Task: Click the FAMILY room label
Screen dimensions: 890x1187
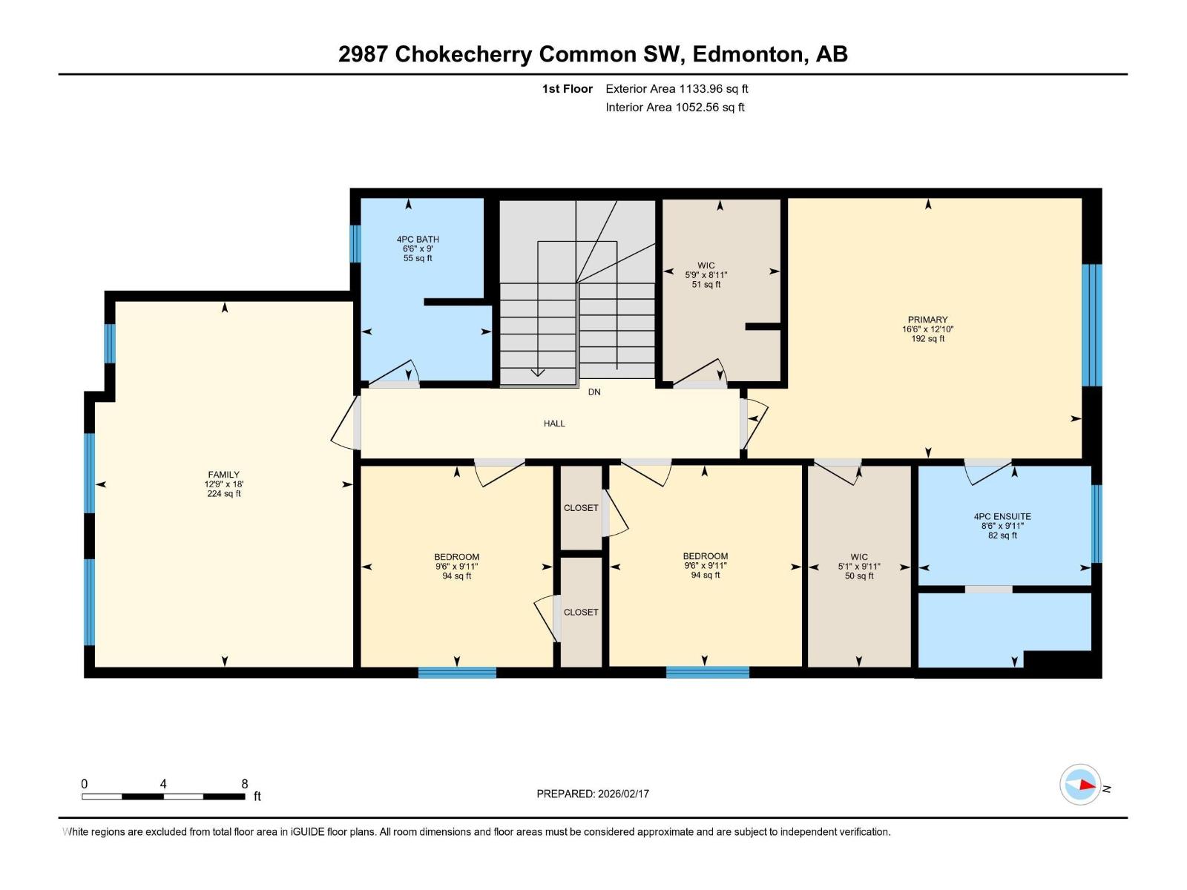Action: click(223, 475)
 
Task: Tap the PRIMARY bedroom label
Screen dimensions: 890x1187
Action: click(927, 320)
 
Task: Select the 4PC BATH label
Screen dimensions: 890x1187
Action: click(418, 240)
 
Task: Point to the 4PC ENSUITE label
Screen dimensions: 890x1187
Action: click(1002, 516)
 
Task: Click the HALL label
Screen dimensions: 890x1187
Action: click(554, 423)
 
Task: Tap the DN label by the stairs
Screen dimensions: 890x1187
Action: click(594, 392)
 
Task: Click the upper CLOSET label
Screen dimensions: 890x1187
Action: click(581, 508)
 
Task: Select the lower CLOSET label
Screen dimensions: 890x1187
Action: click(581, 612)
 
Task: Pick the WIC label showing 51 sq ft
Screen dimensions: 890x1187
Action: click(706, 266)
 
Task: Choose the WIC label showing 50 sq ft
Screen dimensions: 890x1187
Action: click(859, 557)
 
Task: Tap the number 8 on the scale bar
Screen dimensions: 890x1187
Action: click(245, 784)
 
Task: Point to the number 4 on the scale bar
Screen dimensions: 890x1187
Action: click(163, 784)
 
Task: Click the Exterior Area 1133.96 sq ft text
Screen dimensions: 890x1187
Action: click(677, 89)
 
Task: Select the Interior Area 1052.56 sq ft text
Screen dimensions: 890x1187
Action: click(674, 108)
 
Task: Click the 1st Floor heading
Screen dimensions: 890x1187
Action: click(567, 89)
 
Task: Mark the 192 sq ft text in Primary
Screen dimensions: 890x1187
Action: click(927, 339)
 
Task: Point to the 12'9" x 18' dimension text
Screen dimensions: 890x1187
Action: click(223, 484)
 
